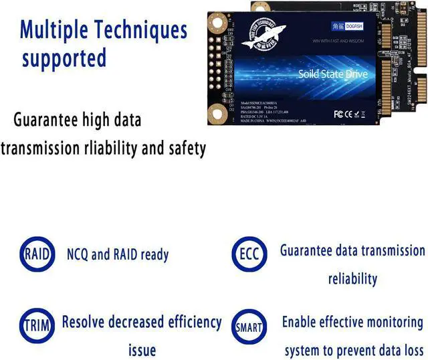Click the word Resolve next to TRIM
pos(86,322)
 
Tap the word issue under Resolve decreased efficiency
pos(142,349)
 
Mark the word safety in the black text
pos(181,148)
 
